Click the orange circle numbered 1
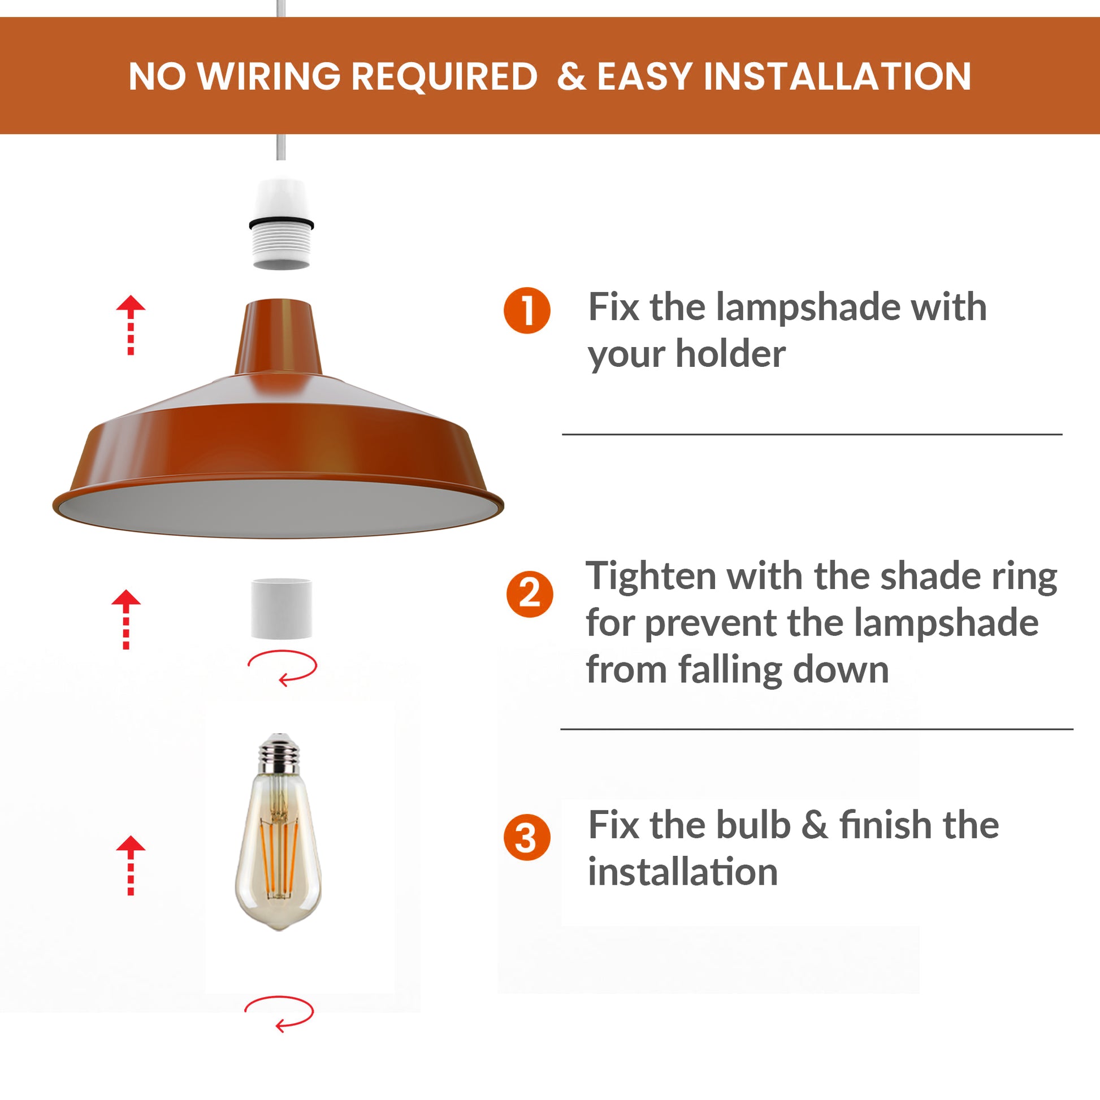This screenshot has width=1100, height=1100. (x=527, y=310)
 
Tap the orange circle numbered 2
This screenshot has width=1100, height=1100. (x=530, y=594)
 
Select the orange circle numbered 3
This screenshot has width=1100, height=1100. (x=527, y=837)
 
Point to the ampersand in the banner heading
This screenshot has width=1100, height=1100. (x=571, y=76)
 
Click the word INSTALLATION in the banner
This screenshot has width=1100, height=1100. (x=837, y=76)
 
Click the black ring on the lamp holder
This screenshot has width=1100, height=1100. (x=282, y=223)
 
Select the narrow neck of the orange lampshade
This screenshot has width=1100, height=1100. (x=279, y=336)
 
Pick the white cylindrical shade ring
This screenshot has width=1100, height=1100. (x=282, y=608)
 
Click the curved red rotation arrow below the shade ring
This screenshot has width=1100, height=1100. (x=283, y=667)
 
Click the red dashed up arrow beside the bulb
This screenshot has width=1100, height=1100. (x=131, y=864)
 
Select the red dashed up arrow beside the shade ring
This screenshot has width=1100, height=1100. (x=126, y=618)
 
